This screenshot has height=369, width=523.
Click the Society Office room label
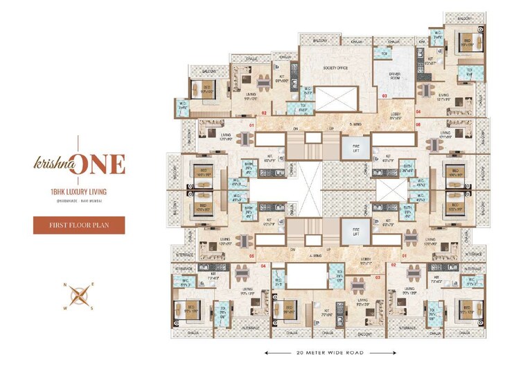tap(333, 68)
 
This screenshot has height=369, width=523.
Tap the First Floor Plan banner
tap(79, 225)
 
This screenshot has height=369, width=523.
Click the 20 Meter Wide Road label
tap(324, 352)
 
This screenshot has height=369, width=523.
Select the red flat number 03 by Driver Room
tap(384, 96)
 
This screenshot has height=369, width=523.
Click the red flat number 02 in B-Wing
tap(264, 111)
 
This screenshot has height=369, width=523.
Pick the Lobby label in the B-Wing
tap(397, 117)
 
